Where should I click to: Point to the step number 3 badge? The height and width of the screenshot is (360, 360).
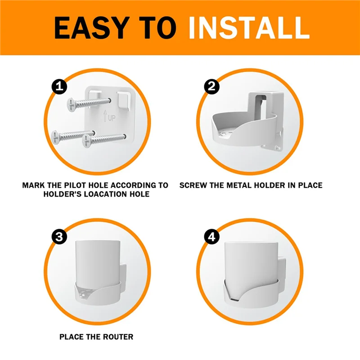click(58, 237)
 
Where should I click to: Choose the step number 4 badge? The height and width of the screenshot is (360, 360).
click(211, 237)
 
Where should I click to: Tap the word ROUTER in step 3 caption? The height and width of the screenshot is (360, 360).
click(117, 337)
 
